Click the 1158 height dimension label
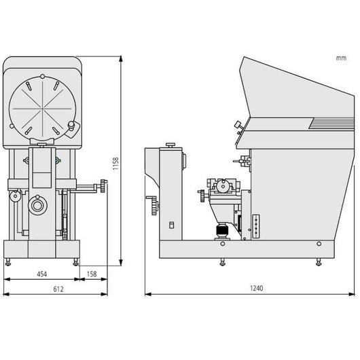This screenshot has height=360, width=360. pyautogui.click(x=115, y=164)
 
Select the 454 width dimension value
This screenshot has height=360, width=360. pyautogui.click(x=42, y=274)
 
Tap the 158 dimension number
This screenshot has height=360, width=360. pyautogui.click(x=92, y=274)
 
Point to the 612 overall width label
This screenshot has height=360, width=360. pyautogui.click(x=58, y=289)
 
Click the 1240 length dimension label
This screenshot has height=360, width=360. pyautogui.click(x=257, y=288)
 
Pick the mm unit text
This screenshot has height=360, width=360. pyautogui.click(x=341, y=58)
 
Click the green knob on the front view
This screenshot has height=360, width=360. pyautogui.click(x=58, y=160)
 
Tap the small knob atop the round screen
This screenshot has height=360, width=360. pyautogui.click(x=42, y=76)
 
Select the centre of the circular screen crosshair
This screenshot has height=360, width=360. pyautogui.click(x=43, y=109)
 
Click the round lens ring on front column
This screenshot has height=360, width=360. pyautogui.click(x=37, y=206)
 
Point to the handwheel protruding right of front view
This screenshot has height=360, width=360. pyautogui.click(x=103, y=185)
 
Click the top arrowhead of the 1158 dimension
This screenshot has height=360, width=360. pyautogui.click(x=121, y=59)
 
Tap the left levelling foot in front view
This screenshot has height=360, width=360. pyautogui.click(x=7, y=262)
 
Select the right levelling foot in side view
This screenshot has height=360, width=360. pyautogui.click(x=319, y=262)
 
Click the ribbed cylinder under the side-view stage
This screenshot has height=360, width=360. pyautogui.click(x=222, y=231)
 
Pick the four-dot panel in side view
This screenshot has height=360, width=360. pyautogui.click(x=256, y=226)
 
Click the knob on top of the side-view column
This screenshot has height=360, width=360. pyautogui.click(x=170, y=145)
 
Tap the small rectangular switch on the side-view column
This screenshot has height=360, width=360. pyautogui.click(x=171, y=225)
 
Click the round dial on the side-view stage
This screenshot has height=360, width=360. pyautogui.click(x=223, y=185)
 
